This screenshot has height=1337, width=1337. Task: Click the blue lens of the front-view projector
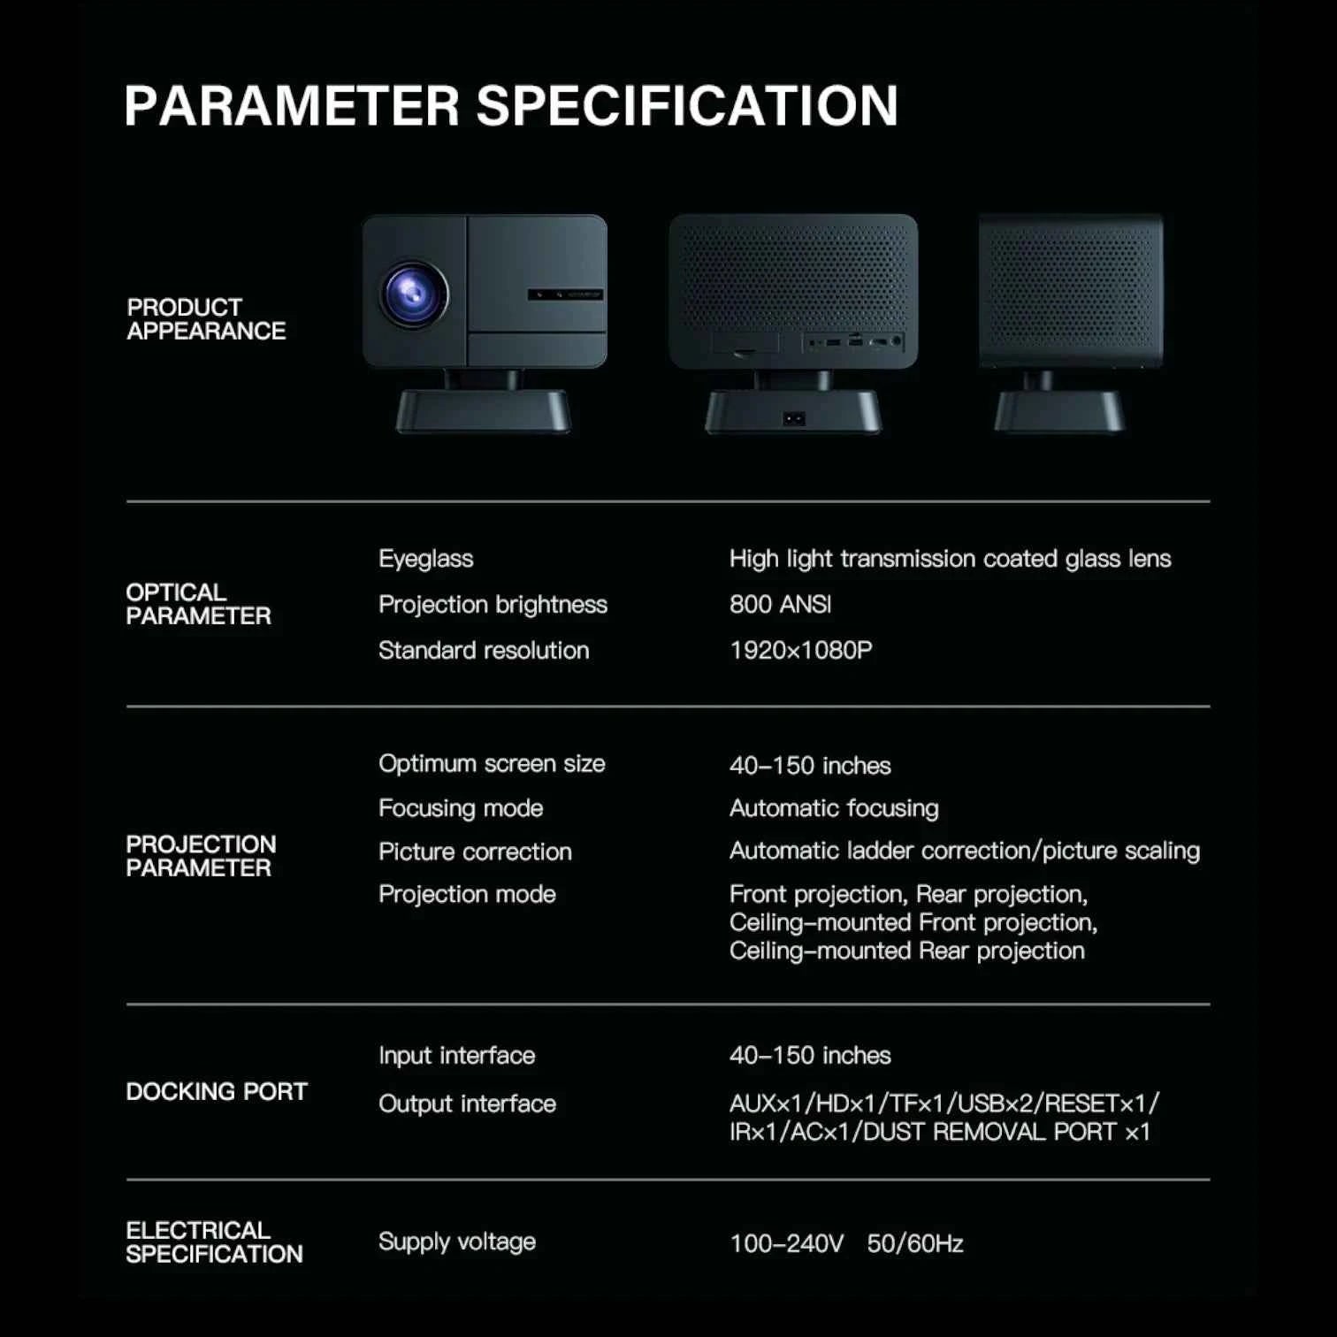pyautogui.click(x=414, y=294)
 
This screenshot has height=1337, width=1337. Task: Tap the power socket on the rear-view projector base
pyautogui.click(x=794, y=418)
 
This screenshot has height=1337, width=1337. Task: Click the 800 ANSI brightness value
pyautogui.click(x=780, y=605)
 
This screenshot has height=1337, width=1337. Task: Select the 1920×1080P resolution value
pyautogui.click(x=800, y=651)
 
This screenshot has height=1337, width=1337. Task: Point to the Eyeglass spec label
pyautogui.click(x=425, y=559)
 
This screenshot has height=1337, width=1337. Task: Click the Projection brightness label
pyautogui.click(x=493, y=605)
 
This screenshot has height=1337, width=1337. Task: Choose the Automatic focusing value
pyautogui.click(x=834, y=808)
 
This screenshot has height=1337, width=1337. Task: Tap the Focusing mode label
pyautogui.click(x=460, y=808)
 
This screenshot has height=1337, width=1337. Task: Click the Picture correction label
pyautogui.click(x=475, y=852)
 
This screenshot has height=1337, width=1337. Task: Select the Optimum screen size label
pyautogui.click(x=492, y=764)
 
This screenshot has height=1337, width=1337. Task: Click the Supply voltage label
pyautogui.click(x=456, y=1241)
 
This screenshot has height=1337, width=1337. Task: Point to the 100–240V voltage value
pyautogui.click(x=786, y=1244)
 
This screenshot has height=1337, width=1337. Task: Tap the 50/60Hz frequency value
pyautogui.click(x=914, y=1244)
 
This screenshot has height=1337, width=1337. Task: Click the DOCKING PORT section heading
pyautogui.click(x=217, y=1092)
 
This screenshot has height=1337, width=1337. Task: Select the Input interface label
pyautogui.click(x=456, y=1056)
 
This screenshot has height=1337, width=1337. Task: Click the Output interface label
pyautogui.click(x=467, y=1104)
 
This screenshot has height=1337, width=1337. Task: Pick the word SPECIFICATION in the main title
pyautogui.click(x=687, y=106)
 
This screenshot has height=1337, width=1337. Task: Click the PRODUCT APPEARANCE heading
pyautogui.click(x=206, y=319)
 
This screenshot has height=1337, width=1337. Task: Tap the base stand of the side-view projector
pyautogui.click(x=1059, y=411)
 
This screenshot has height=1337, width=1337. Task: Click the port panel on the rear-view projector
pyautogui.click(x=854, y=340)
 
